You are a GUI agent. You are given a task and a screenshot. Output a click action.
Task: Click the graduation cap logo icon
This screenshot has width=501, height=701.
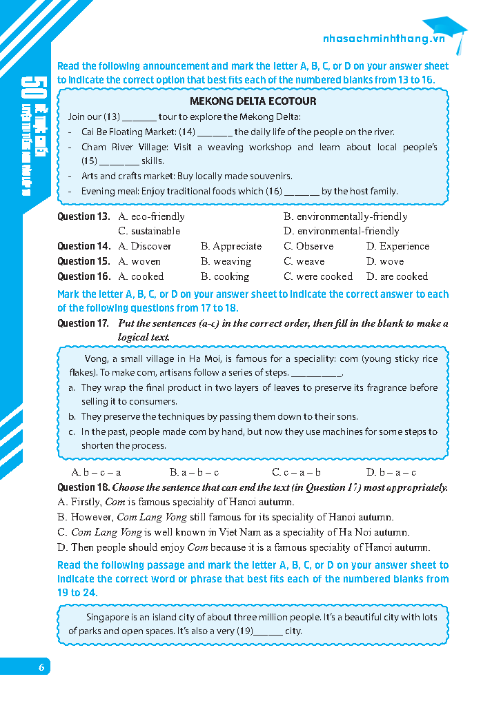click(x=449, y=31)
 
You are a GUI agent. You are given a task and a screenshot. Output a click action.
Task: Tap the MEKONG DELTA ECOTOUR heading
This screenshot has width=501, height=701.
click(x=253, y=101)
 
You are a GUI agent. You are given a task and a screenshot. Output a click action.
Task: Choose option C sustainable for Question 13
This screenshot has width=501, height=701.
click(x=149, y=232)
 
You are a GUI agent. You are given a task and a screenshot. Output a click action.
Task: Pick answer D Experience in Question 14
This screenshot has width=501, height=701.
click(x=397, y=247)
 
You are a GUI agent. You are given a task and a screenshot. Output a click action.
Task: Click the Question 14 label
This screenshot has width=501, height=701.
click(x=83, y=247)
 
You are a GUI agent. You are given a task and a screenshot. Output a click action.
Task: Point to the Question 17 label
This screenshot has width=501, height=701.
click(x=83, y=323)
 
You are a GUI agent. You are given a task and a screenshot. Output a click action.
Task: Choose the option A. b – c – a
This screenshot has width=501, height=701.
click(x=97, y=473)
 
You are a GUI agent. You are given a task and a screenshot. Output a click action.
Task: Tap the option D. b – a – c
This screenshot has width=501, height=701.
click(x=391, y=473)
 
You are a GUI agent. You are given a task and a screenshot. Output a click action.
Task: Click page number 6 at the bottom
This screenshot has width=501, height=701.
click(x=41, y=667)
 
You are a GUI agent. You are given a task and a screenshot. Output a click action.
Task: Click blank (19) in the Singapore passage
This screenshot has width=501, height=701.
click(x=268, y=631)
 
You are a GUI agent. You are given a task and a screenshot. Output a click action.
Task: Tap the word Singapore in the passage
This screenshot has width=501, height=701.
click(x=108, y=617)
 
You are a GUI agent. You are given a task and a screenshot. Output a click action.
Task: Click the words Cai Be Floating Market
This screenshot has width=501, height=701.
click(x=128, y=132)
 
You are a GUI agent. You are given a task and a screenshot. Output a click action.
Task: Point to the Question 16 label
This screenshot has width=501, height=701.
click(x=83, y=277)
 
